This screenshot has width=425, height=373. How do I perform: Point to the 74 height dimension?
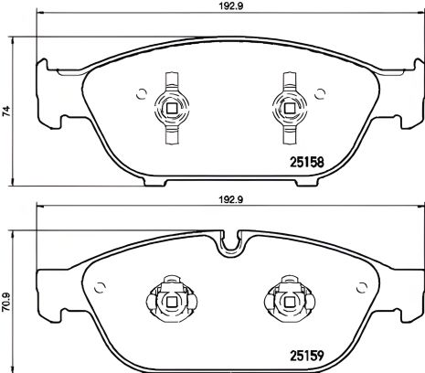[x=7, y=112]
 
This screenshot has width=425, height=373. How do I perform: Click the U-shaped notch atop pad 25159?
[x=229, y=241]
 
